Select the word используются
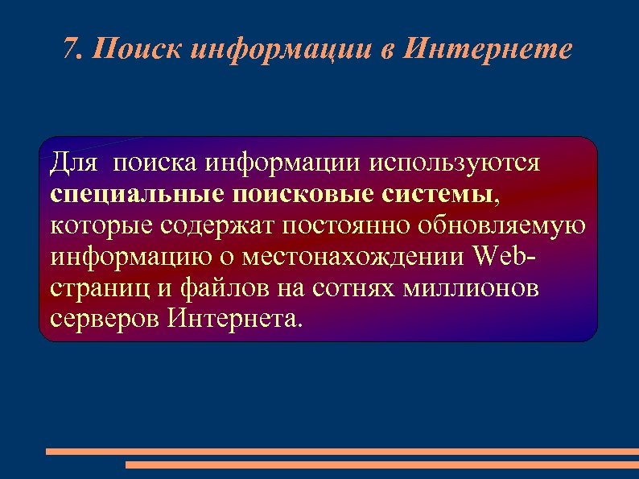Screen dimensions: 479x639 click(454, 163)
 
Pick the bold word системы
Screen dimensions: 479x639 click(435, 193)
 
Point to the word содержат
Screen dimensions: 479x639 click(213, 226)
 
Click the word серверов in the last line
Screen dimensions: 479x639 click(105, 319)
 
